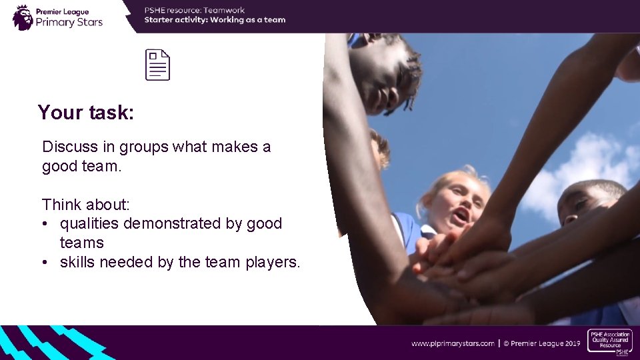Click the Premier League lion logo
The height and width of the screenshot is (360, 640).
pyautogui.click(x=23, y=17)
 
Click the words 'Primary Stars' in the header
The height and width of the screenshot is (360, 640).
pyautogui.click(x=69, y=22)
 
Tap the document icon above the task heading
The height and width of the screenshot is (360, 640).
pyautogui.click(x=158, y=65)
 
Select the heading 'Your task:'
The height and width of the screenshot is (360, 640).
pyautogui.click(x=86, y=113)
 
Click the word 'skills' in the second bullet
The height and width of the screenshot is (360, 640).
pyautogui.click(x=77, y=263)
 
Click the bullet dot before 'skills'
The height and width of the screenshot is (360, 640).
pyautogui.click(x=45, y=263)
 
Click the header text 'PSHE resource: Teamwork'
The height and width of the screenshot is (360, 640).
pyautogui.click(x=195, y=10)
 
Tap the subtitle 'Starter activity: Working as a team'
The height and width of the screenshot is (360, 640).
pyautogui.click(x=215, y=20)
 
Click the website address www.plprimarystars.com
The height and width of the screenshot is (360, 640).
pyautogui.click(x=453, y=343)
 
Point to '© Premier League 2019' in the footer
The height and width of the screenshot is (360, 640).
pyautogui.click(x=541, y=343)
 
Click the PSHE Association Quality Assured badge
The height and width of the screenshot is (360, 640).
pyautogui.click(x=609, y=341)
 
